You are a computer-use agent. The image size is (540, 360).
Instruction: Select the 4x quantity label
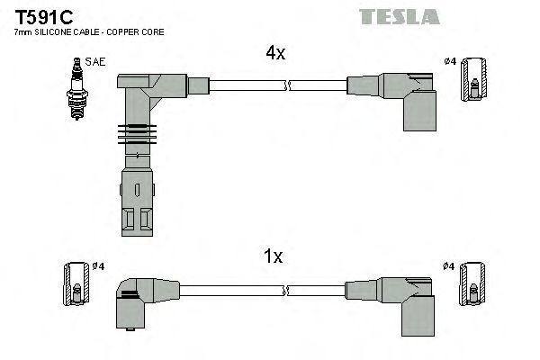pyautogui.click(x=274, y=53)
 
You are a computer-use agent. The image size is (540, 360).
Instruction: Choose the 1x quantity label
pyautogui.click(x=274, y=256)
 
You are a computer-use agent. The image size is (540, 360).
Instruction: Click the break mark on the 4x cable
pyautogui.click(x=287, y=85)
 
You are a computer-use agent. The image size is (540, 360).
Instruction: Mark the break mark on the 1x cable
pyautogui.click(x=287, y=290)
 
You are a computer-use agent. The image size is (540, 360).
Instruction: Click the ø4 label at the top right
pyautogui.click(x=450, y=61)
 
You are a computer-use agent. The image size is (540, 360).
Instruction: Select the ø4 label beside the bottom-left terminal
pyautogui.click(x=101, y=265)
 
